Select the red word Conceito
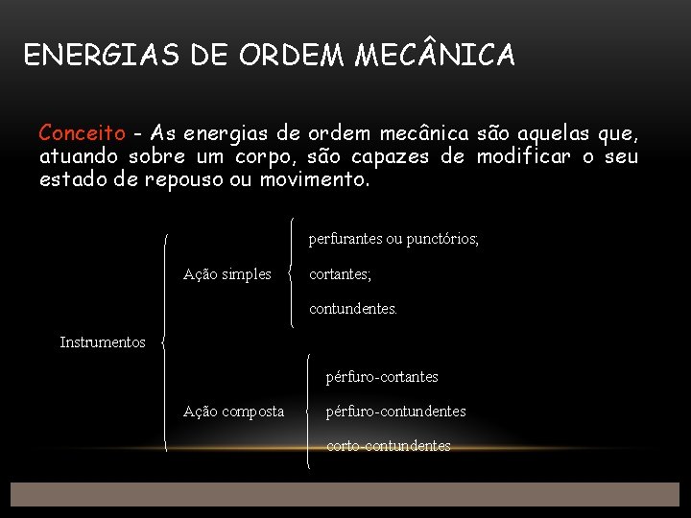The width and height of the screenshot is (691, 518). pos(82,132)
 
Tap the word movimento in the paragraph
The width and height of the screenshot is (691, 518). pos(314,178)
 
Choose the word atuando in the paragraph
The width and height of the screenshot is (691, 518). pos(81,155)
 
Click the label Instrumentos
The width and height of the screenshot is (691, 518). pos(103,342)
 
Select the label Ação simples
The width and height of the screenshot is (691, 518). pos(227,274)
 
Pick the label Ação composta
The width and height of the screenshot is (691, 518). pos(233,412)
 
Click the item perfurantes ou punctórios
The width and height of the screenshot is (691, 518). pos(393,239)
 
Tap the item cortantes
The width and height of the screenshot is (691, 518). pos(340,274)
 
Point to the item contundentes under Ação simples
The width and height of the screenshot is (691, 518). pos(353,309)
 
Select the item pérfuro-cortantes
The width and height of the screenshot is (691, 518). pos(382,377)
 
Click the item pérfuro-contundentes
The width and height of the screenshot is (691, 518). pos(395,412)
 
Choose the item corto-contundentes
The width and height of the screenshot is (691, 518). pos(388,446)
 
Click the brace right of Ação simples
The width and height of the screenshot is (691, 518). pos(292,274)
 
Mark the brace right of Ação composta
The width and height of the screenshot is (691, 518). pos(307,412)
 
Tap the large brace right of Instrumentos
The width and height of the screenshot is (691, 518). pos(165,342)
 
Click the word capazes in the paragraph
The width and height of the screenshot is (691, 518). pos(426,155)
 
